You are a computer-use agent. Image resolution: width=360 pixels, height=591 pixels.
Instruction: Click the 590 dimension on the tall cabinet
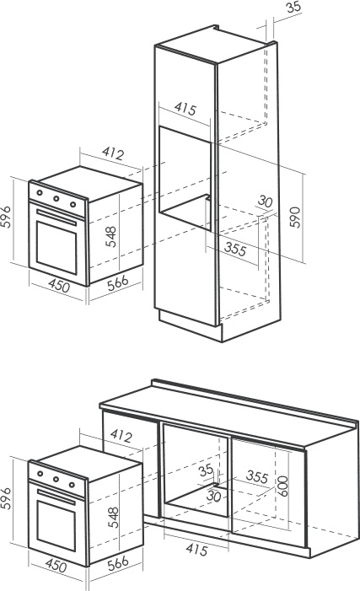(295, 218)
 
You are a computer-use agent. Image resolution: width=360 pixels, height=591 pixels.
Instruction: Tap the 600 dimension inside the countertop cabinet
(283, 486)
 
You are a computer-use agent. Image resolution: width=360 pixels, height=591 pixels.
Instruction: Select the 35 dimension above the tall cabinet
(293, 7)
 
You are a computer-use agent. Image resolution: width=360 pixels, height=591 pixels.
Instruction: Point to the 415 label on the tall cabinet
(185, 109)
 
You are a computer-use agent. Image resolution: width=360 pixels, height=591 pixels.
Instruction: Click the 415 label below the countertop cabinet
(196, 550)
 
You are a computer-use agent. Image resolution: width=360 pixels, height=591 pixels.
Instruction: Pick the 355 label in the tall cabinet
(235, 250)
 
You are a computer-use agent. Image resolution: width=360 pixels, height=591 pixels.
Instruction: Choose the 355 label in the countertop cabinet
(257, 477)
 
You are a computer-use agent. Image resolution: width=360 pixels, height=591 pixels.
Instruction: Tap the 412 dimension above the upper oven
(113, 153)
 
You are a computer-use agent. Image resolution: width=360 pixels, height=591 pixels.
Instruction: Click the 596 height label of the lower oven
(6, 498)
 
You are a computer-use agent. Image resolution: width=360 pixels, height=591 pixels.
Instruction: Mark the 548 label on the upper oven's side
(111, 237)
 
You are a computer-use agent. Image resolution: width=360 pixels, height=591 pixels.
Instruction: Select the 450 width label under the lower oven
(56, 566)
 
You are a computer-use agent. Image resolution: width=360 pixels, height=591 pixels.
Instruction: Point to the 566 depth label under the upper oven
(118, 283)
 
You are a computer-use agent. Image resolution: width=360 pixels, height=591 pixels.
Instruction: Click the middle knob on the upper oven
(56, 198)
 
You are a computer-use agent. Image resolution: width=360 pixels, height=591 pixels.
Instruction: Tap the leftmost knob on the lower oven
(40, 474)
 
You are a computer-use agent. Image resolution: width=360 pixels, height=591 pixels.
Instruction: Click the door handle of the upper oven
(56, 218)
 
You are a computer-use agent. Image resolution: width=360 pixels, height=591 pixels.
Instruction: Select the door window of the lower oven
(56, 525)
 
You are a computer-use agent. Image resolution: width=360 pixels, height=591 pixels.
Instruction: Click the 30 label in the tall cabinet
(265, 201)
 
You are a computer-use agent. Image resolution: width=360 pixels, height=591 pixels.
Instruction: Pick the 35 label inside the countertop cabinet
(206, 470)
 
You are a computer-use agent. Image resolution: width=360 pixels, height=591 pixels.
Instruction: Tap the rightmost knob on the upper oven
(73, 205)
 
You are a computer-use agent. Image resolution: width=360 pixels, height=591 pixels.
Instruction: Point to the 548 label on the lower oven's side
(113, 517)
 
